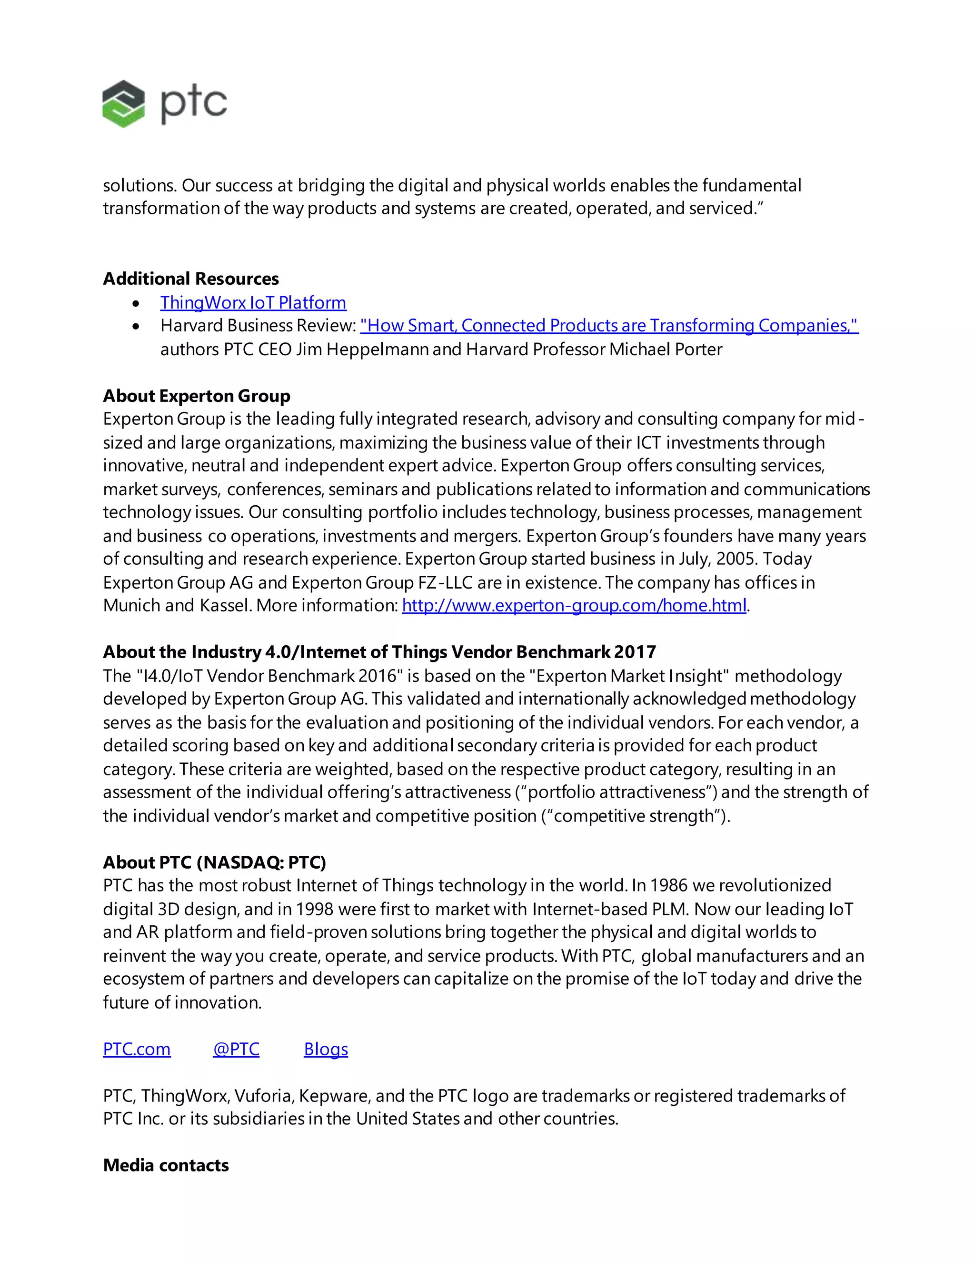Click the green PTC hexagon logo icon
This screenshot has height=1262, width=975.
pyautogui.click(x=123, y=104)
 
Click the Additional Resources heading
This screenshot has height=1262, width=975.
pyautogui.click(x=190, y=279)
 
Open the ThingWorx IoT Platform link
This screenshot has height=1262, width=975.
pyautogui.click(x=253, y=303)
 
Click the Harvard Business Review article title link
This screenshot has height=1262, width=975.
pyautogui.click(x=609, y=326)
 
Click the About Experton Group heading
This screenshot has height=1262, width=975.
pyautogui.click(x=197, y=396)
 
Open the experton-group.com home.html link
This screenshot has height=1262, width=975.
pyautogui.click(x=574, y=606)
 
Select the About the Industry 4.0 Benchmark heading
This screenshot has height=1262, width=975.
pyautogui.click(x=379, y=652)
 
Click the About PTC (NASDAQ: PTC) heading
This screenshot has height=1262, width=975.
pyautogui.click(x=214, y=863)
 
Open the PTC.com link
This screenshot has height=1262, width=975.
pyautogui.click(x=136, y=1049)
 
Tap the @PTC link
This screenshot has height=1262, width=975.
pyautogui.click(x=236, y=1049)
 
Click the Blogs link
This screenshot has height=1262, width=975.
pyautogui.click(x=326, y=1049)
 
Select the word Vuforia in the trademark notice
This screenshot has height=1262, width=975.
pyautogui.click(x=263, y=1096)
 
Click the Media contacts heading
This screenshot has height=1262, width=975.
pyautogui.click(x=166, y=1165)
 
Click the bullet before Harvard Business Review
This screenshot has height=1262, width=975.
pyautogui.click(x=136, y=327)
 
